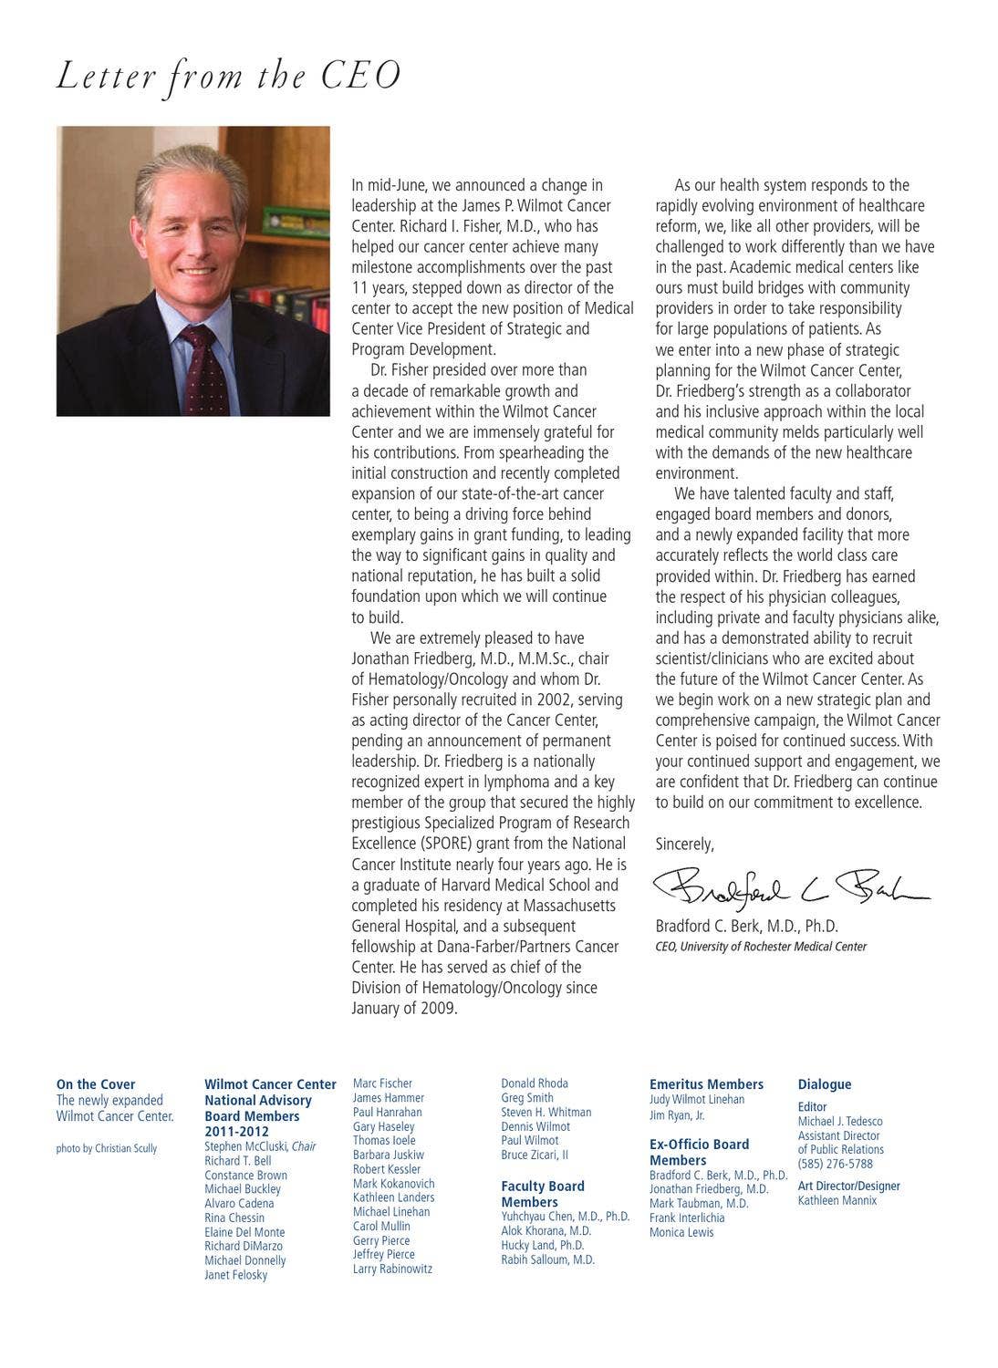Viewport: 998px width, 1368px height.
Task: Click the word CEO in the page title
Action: pos(361,77)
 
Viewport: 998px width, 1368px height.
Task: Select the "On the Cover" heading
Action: pos(96,1084)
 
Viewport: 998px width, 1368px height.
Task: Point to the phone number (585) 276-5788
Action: pos(835,1164)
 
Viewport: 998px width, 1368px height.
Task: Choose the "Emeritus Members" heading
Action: pos(706,1084)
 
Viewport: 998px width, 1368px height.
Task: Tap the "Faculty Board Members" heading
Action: pos(543,1194)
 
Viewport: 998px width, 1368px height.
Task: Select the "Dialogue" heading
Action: pos(825,1084)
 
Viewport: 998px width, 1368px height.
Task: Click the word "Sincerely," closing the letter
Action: pos(685,845)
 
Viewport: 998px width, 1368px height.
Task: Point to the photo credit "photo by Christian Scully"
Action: pos(107,1148)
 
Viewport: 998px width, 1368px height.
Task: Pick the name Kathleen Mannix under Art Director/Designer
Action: pos(837,1200)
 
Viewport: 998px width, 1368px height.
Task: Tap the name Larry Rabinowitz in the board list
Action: pos(392,1269)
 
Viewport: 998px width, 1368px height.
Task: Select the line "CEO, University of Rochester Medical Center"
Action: pos(761,947)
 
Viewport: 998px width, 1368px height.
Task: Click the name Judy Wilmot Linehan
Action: pos(697,1100)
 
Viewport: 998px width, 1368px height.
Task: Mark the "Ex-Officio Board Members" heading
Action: pos(699,1152)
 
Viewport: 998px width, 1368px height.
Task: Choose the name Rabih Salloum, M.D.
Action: pos(547,1259)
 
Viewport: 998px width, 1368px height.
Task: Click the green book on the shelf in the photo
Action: pos(295,222)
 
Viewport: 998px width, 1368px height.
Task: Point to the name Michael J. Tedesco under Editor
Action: pos(840,1122)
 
